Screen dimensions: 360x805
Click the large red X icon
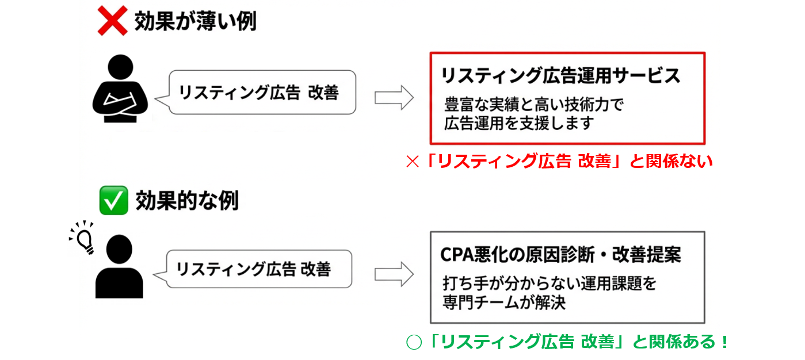tap(112, 22)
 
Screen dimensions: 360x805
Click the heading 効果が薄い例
tap(196, 22)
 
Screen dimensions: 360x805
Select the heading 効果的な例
tap(187, 201)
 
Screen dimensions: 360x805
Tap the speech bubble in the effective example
tap(257, 269)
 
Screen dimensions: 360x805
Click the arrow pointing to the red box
tap(394, 97)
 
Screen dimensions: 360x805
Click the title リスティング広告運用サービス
tap(560, 75)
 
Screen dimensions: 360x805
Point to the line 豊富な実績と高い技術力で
tap(533, 105)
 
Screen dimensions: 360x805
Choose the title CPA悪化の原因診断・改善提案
tap(560, 254)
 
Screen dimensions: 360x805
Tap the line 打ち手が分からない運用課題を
tap(550, 284)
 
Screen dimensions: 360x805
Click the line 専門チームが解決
tap(504, 302)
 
